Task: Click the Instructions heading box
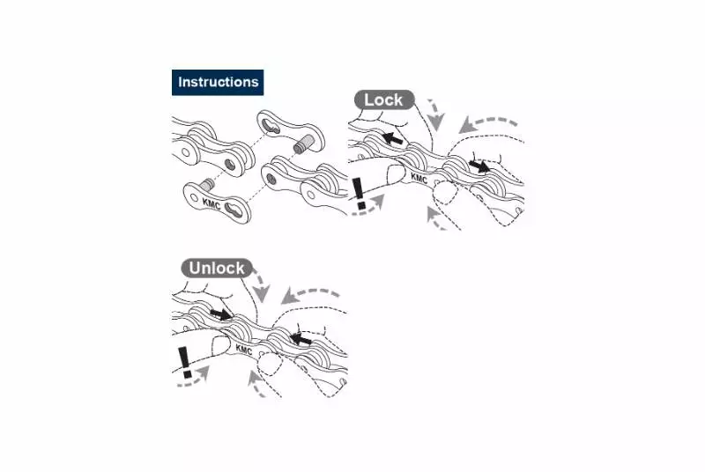click(x=218, y=82)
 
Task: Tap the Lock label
click(x=383, y=100)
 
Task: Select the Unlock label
click(x=217, y=268)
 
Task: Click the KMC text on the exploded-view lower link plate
click(x=211, y=203)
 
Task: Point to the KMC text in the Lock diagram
click(x=419, y=179)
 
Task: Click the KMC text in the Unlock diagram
click(x=244, y=350)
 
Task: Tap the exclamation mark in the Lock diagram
click(x=359, y=193)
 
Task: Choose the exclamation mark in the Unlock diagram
click(x=185, y=362)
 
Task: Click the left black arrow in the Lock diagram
click(x=392, y=138)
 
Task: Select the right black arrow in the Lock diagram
click(x=479, y=166)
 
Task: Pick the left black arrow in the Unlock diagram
click(x=220, y=313)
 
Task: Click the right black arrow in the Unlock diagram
click(x=301, y=339)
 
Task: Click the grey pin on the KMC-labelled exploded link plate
click(x=207, y=184)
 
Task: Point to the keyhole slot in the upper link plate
click(x=272, y=125)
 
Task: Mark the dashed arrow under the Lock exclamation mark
click(x=369, y=208)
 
